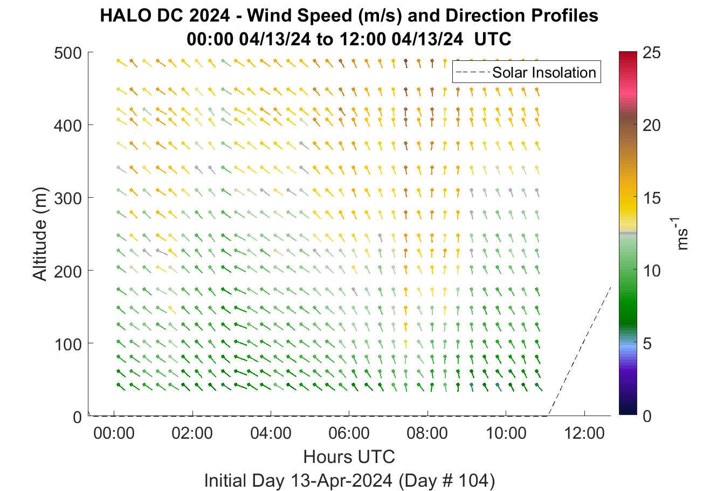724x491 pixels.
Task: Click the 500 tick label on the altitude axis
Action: [x=68, y=53]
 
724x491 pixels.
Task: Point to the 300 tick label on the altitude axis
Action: [x=68, y=198]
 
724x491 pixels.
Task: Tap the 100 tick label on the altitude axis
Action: [x=68, y=344]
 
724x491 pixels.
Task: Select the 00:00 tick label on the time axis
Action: [x=114, y=433]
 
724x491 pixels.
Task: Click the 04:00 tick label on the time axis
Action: [x=271, y=433]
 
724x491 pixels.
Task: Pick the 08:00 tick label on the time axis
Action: [x=427, y=433]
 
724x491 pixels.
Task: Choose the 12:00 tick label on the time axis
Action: [x=584, y=433]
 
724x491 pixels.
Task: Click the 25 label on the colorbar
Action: [x=652, y=52]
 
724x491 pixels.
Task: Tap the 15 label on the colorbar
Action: [x=652, y=198]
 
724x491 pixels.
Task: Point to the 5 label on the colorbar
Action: [x=647, y=344]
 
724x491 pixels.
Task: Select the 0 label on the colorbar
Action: [x=647, y=416]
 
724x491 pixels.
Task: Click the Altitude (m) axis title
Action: [x=40, y=234]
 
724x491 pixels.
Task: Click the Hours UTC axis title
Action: [x=349, y=457]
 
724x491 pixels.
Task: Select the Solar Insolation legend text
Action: [x=544, y=72]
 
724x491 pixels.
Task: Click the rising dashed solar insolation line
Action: [x=579, y=351]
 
